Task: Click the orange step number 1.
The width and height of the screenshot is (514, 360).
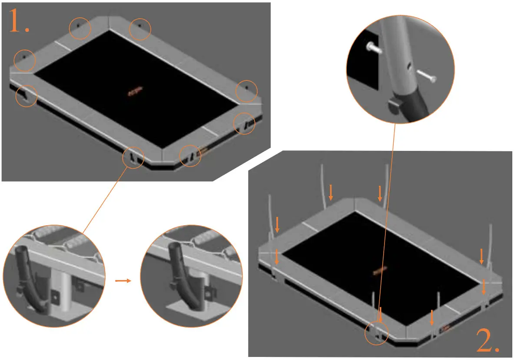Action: (x=19, y=22)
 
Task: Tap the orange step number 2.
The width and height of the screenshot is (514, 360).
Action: (x=487, y=340)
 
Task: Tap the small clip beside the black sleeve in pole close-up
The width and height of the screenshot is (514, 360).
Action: (x=394, y=105)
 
